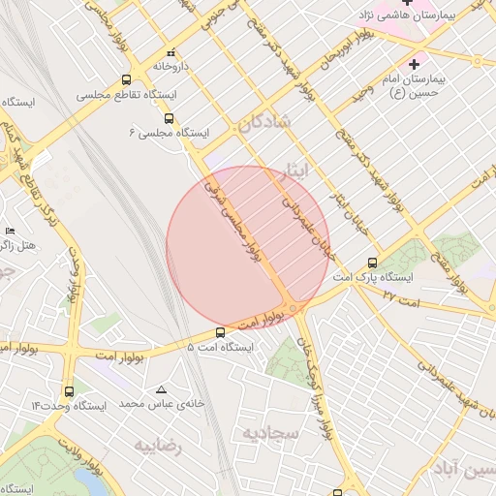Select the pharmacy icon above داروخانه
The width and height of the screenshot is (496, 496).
coord(171,53)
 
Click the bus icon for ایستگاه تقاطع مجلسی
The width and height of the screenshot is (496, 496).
coord(127,80)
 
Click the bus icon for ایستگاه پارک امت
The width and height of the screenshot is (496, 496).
coord(373,263)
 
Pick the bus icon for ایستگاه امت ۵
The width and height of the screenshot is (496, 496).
coord(220,332)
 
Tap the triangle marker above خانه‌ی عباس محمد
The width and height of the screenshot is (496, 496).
coord(161,389)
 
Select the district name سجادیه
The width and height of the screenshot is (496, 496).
coord(270,432)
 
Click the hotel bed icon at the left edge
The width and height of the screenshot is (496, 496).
coord(10,231)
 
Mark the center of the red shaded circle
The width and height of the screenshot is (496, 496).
coord(248,247)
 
